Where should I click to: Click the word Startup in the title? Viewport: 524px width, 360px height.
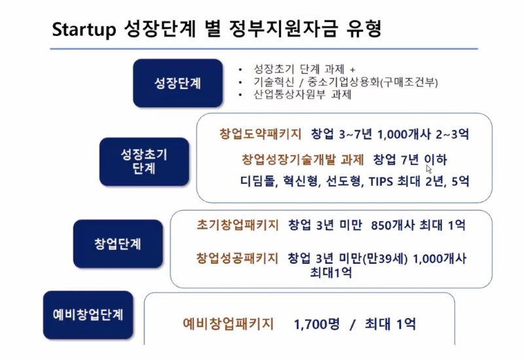click(x=84, y=29)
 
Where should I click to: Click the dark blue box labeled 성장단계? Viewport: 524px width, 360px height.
click(x=178, y=83)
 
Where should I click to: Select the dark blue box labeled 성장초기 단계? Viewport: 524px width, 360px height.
click(x=144, y=162)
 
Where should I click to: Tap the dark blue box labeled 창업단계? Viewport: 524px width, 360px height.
click(x=118, y=243)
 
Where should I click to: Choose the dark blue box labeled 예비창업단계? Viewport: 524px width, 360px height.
click(x=88, y=315)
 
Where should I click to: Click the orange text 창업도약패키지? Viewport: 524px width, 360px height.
click(x=260, y=134)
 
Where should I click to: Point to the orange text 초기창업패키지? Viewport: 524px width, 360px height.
click(x=238, y=225)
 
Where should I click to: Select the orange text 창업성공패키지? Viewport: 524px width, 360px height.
click(x=237, y=258)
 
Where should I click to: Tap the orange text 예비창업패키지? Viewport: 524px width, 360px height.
click(x=228, y=323)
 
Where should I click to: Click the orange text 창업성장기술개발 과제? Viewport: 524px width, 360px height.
click(x=303, y=159)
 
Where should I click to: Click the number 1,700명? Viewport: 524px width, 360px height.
click(x=316, y=324)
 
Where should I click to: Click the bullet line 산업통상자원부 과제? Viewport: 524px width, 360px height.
click(x=303, y=94)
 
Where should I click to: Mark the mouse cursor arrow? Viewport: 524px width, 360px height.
click(x=428, y=169)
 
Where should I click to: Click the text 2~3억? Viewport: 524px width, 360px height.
click(x=452, y=134)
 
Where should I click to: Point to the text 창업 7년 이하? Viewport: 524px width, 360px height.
click(x=410, y=160)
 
